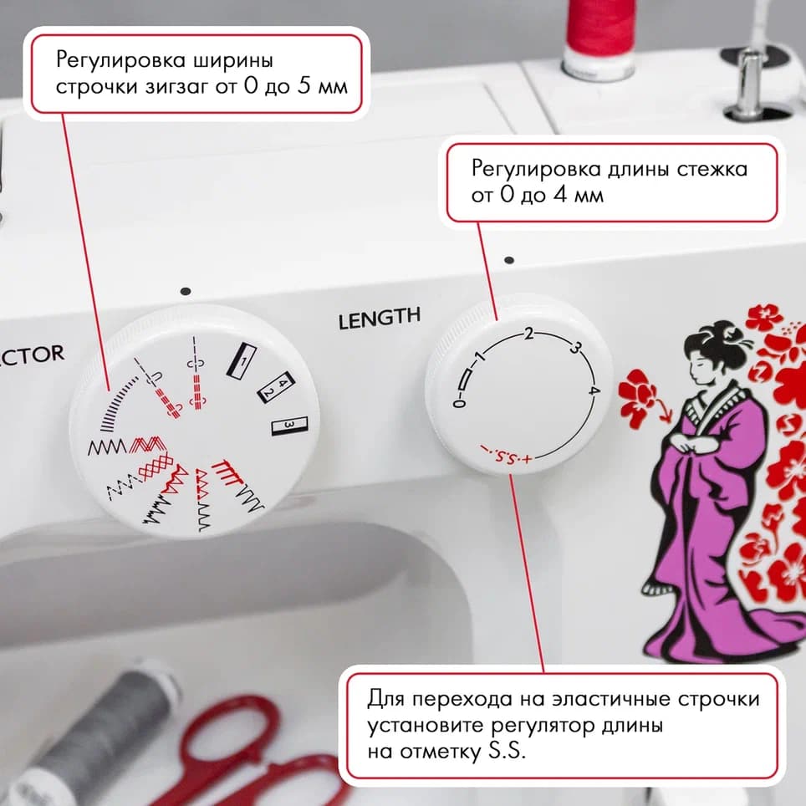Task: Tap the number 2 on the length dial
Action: pyautogui.click(x=528, y=335)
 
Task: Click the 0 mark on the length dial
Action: pyautogui.click(x=458, y=404)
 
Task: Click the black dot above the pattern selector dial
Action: pyautogui.click(x=185, y=291)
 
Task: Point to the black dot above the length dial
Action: pyautogui.click(x=508, y=260)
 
